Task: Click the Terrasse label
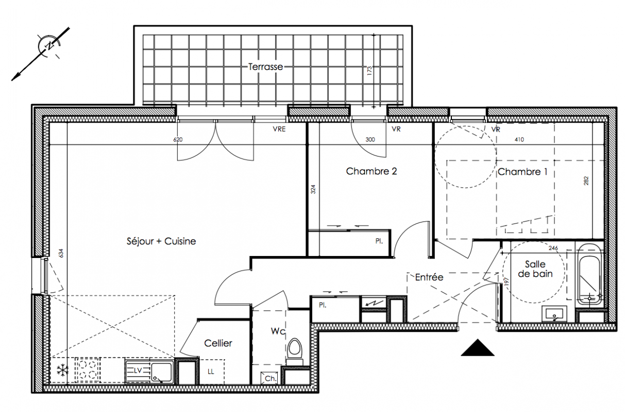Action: pyautogui.click(x=265, y=67)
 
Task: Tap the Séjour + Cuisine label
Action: pyautogui.click(x=161, y=242)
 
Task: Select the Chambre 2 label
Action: pyautogui.click(x=371, y=171)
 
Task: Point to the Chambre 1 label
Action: pyautogui.click(x=522, y=172)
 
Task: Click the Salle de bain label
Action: pyautogui.click(x=535, y=269)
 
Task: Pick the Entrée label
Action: pyautogui.click(x=429, y=277)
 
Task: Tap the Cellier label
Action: pyautogui.click(x=218, y=343)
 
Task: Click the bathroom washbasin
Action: pyautogui.click(x=554, y=314)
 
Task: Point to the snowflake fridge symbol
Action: pyautogui.click(x=62, y=370)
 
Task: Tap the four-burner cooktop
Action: pyautogui.click(x=87, y=370)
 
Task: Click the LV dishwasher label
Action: pyautogui.click(x=138, y=370)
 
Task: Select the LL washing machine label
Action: pyautogui.click(x=211, y=371)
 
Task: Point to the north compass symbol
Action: pyautogui.click(x=49, y=46)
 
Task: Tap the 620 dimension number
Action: pyautogui.click(x=178, y=140)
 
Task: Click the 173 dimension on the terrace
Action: pyautogui.click(x=370, y=71)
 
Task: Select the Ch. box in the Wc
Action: pyautogui.click(x=269, y=378)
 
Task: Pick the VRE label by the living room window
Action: pyautogui.click(x=279, y=129)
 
